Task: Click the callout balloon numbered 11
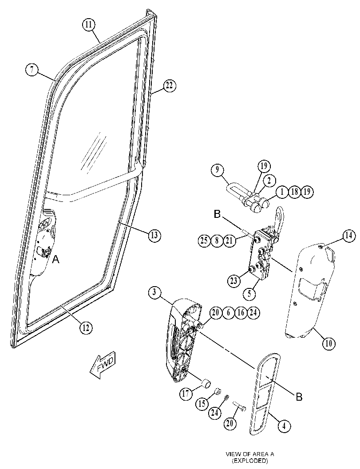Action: pyautogui.click(x=89, y=24)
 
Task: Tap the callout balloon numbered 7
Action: pyautogui.click(x=32, y=70)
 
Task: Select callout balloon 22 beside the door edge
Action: pyautogui.click(x=170, y=86)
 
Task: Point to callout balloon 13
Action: pyautogui.click(x=154, y=236)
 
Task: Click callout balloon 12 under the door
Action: pyautogui.click(x=86, y=328)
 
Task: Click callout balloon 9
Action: pyautogui.click(x=217, y=170)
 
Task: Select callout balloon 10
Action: pyautogui.click(x=328, y=343)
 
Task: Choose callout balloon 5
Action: pyautogui.click(x=249, y=294)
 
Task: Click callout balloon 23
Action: pyautogui.click(x=234, y=280)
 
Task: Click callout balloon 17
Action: pyautogui.click(x=186, y=393)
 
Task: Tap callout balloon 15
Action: pyautogui.click(x=202, y=404)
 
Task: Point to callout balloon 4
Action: pyautogui.click(x=284, y=426)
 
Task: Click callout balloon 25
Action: pyautogui.click(x=204, y=240)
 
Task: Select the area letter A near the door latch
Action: pyautogui.click(x=56, y=260)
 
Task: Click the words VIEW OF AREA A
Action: pyautogui.click(x=250, y=454)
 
